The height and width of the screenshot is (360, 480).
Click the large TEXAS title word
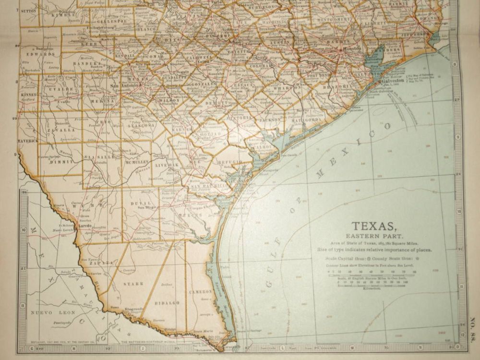[x=374, y=226]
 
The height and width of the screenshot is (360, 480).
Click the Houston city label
[x=352, y=49]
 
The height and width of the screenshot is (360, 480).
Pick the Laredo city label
[x=85, y=225]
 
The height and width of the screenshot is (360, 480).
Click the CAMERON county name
[x=201, y=291]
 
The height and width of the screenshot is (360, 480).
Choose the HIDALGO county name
[x=168, y=303]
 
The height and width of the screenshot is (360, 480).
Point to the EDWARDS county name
[x=39, y=54]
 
